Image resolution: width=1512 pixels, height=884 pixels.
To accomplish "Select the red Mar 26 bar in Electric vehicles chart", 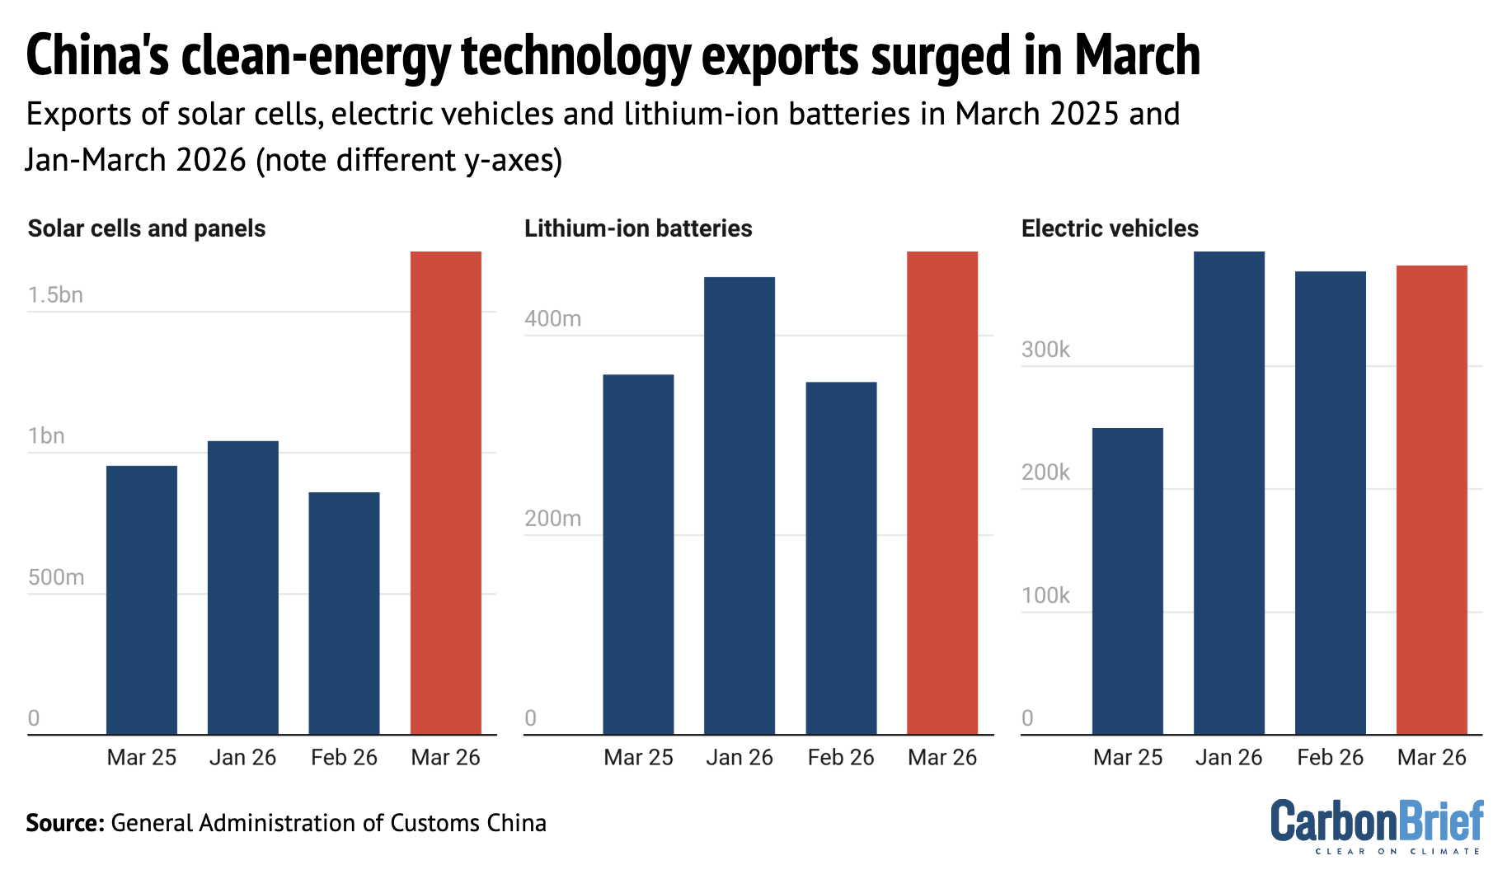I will (1431, 500).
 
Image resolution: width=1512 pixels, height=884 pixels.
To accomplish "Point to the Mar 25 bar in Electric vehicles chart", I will (1127, 581).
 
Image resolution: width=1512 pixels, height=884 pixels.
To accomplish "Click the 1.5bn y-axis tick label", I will (55, 295).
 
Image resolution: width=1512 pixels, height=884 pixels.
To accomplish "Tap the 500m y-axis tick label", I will (56, 577).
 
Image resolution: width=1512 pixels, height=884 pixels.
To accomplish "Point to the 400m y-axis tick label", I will (552, 318).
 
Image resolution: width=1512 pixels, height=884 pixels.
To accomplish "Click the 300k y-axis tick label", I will (1045, 350).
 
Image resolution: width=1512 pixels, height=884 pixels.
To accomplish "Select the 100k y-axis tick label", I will (1045, 595).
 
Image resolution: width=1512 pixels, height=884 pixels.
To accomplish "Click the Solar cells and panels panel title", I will (147, 228).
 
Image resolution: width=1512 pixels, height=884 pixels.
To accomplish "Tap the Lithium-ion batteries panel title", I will (638, 228).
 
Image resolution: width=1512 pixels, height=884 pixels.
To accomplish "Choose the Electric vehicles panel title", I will (1110, 228).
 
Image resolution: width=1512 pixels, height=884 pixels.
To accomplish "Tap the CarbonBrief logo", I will (1376, 825).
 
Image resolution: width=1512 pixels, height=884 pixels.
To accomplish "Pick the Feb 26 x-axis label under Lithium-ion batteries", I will (840, 757).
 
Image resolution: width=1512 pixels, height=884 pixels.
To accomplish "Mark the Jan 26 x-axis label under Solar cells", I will (242, 757).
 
